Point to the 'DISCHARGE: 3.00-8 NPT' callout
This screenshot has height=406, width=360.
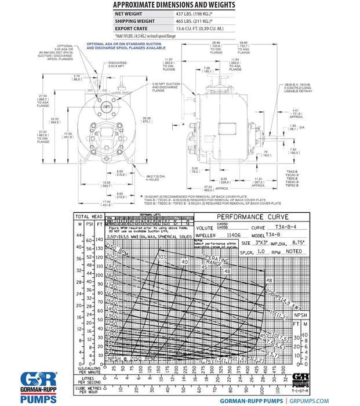[x=118, y=64]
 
